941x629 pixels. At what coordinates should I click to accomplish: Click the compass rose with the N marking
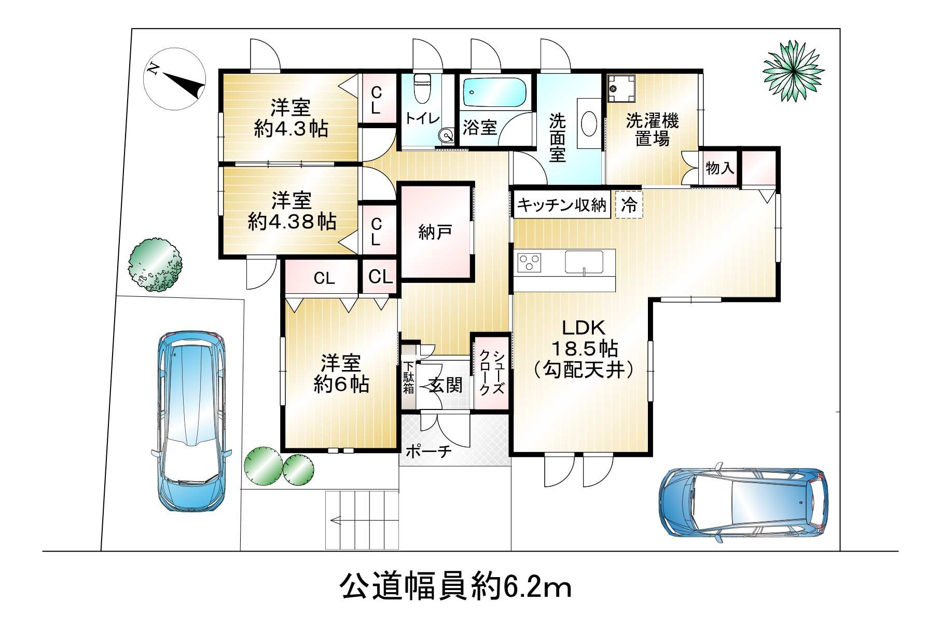pos(174,79)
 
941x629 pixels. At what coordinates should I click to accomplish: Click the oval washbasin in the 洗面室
pos(589,125)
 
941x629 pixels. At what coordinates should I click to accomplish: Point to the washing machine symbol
pos(621,87)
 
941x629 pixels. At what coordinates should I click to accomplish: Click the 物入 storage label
pos(719,168)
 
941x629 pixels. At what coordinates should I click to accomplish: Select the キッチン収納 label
pos(562,205)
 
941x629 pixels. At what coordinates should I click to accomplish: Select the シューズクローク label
pos(491,373)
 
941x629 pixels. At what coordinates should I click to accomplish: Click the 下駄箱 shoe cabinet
pos(409,377)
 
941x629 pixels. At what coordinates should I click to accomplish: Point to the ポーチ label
pos(428,451)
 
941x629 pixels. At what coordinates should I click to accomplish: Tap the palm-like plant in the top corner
pos(793,71)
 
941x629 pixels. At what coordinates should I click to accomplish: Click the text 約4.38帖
pos(292,222)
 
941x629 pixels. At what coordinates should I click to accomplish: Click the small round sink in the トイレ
pos(446,136)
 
